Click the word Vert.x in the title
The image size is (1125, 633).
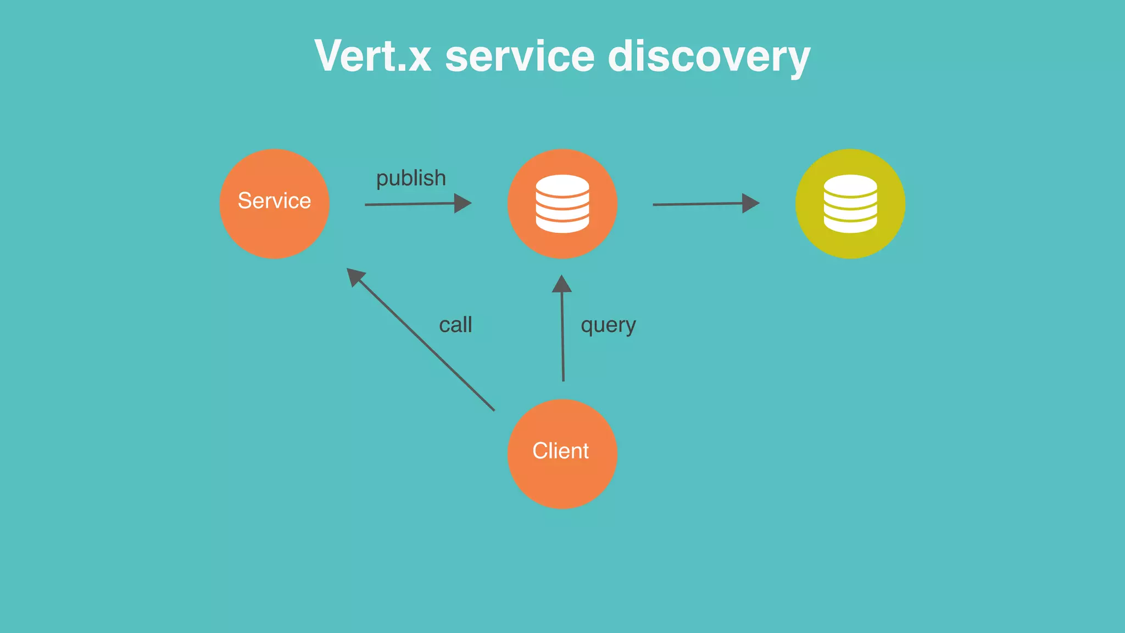click(x=373, y=56)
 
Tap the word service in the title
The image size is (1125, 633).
click(x=520, y=56)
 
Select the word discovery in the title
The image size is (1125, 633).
click(x=709, y=57)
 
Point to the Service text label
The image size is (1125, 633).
click(x=274, y=200)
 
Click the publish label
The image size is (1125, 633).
click(x=411, y=178)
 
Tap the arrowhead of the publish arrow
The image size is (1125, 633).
click(x=463, y=203)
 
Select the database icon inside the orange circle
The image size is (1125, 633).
click(x=562, y=204)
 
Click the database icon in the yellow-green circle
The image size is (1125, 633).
click(x=850, y=204)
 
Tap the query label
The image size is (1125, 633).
click(x=608, y=325)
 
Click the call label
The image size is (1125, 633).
click(x=455, y=324)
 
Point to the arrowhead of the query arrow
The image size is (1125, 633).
click(x=561, y=284)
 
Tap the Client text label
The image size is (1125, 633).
click(x=560, y=451)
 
